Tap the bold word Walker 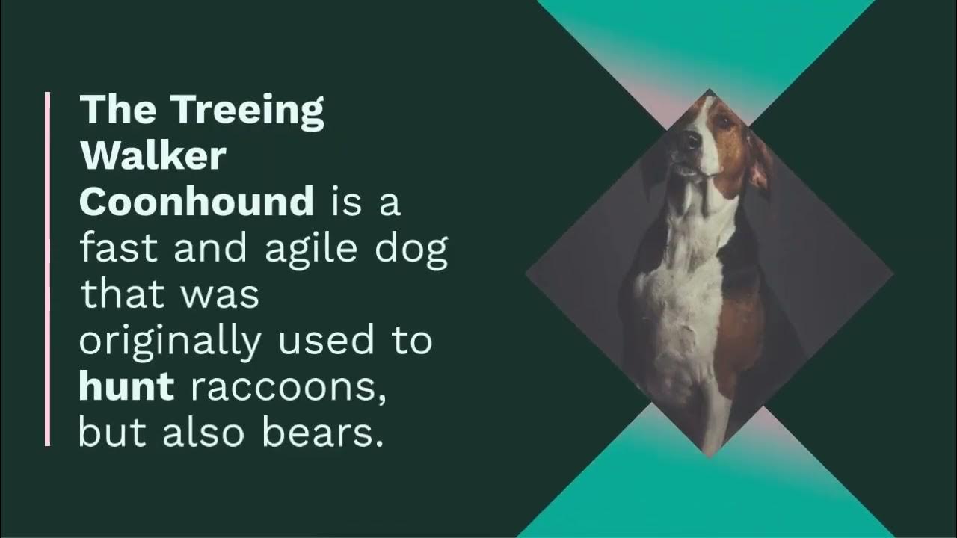tap(153, 157)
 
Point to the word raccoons tap(289, 389)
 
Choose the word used tap(324, 341)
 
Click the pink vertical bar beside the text tap(48, 269)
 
